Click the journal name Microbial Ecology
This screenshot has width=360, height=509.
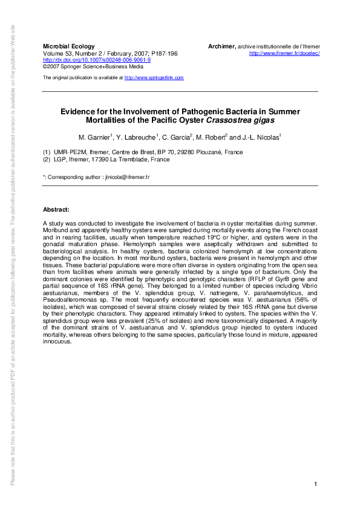click(67, 47)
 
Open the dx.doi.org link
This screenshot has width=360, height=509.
click(96, 60)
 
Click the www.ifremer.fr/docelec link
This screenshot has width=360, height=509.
click(284, 53)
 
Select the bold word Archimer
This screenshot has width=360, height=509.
click(221, 47)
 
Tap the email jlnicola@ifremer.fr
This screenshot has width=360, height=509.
click(126, 177)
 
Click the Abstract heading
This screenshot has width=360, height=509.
click(56, 209)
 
